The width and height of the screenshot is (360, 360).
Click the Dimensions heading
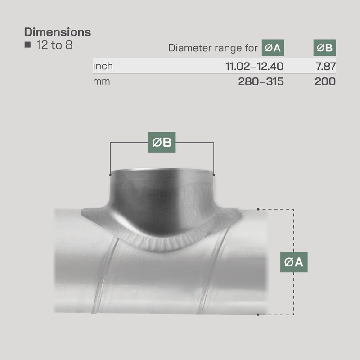click(x=58, y=32)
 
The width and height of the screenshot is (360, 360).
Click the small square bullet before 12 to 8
click(x=27, y=45)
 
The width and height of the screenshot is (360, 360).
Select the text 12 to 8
click(x=54, y=45)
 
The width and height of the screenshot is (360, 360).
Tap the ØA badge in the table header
click(x=273, y=48)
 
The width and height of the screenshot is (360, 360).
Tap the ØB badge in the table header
click(x=324, y=48)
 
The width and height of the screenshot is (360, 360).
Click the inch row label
click(x=103, y=66)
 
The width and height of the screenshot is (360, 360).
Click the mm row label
click(x=102, y=81)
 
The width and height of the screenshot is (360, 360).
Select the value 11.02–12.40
click(x=254, y=66)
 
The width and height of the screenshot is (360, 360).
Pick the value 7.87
click(x=326, y=66)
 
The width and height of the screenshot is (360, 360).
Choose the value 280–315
click(x=261, y=81)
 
